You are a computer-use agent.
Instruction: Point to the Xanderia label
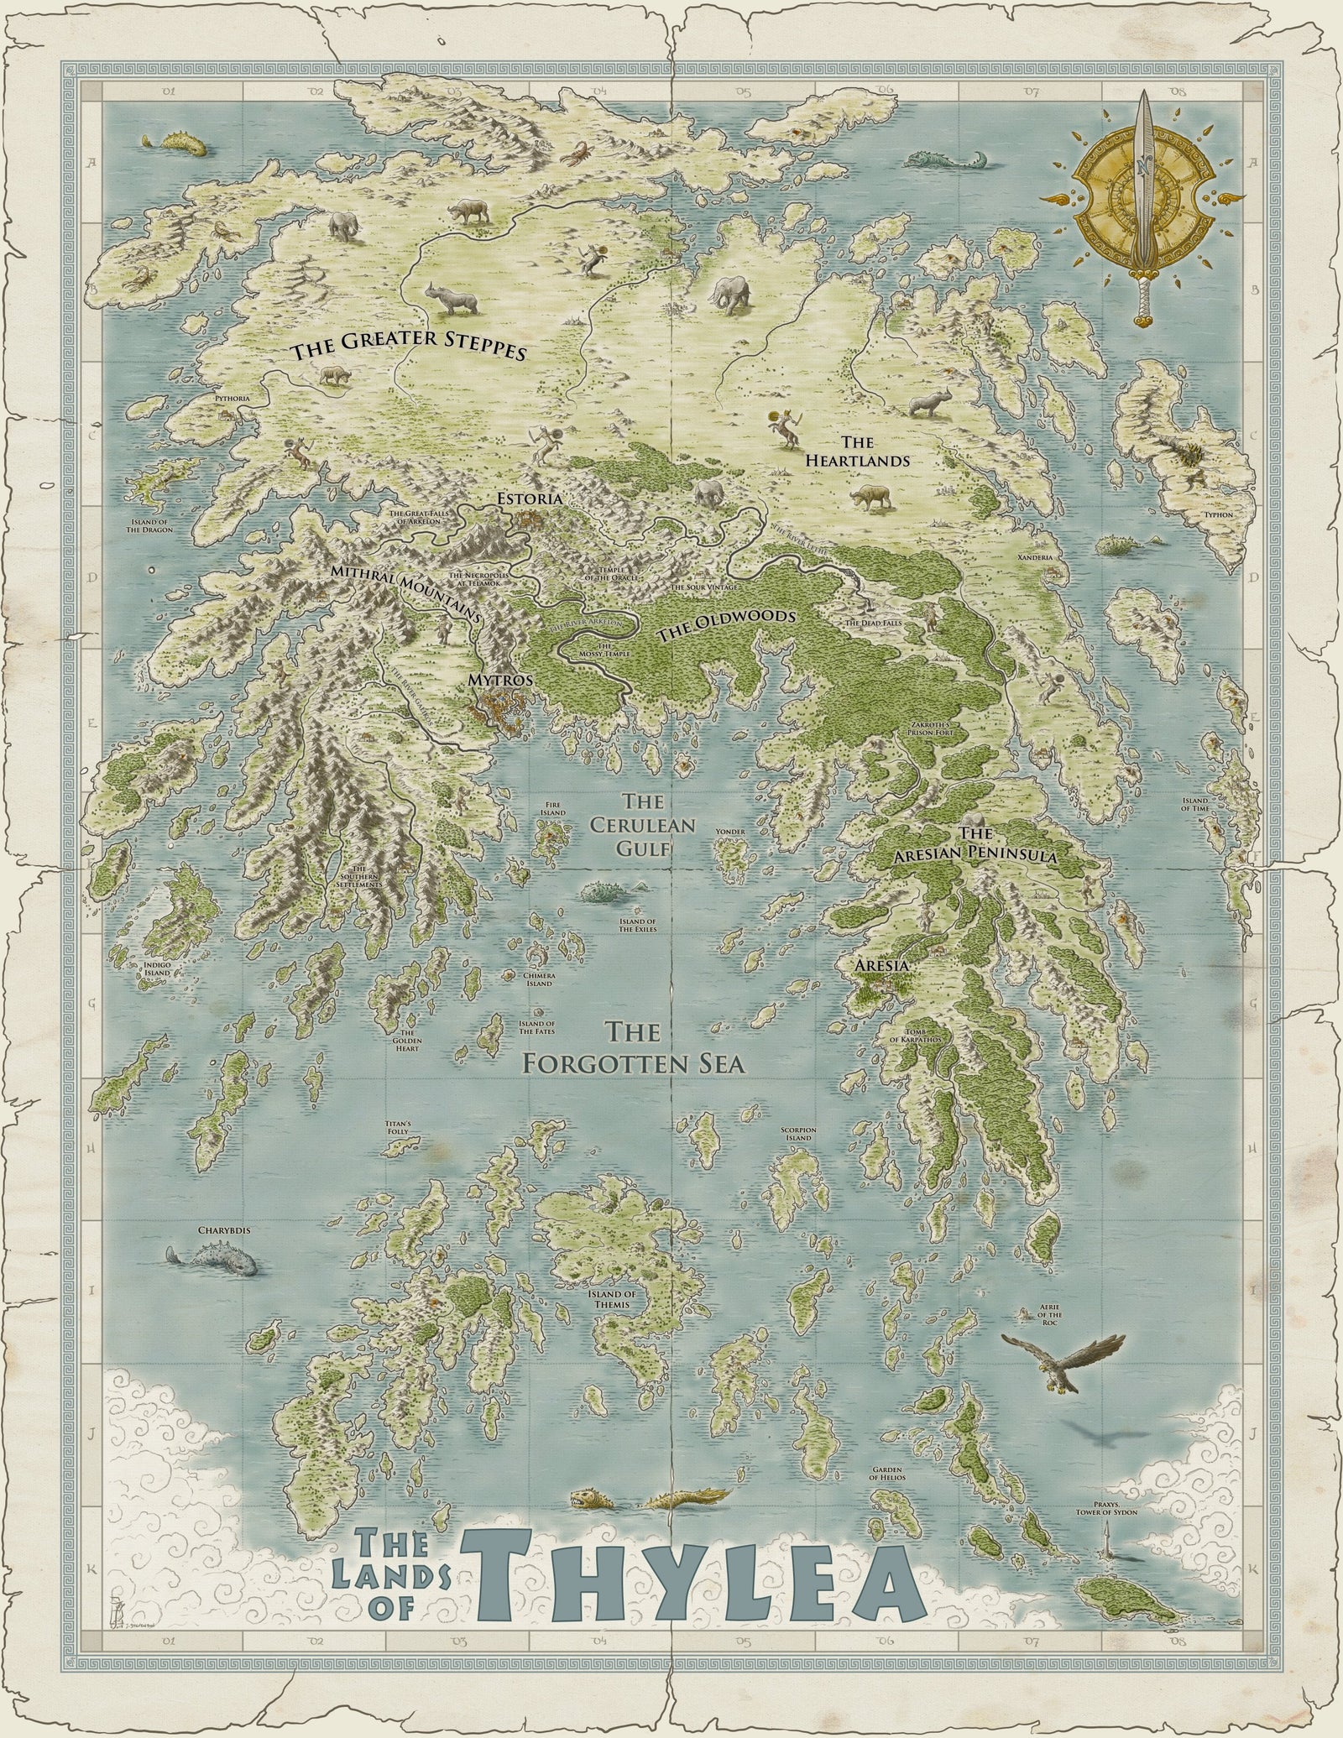point(1034,556)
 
